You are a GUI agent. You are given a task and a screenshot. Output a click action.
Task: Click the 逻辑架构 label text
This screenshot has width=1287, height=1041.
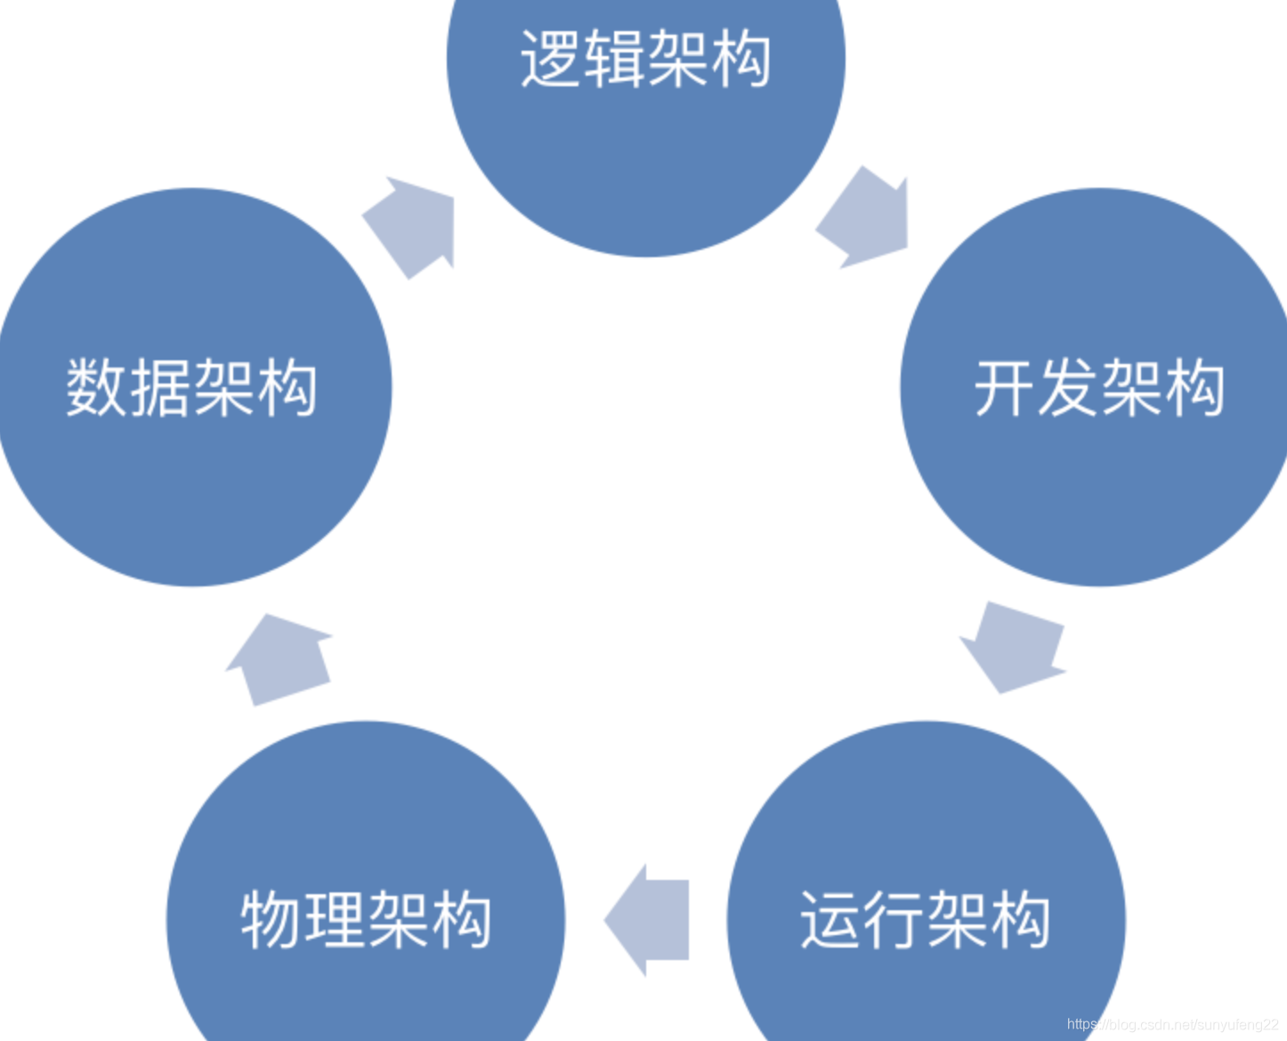point(645,59)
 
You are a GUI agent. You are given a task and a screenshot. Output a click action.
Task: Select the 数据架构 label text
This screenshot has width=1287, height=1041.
point(191,388)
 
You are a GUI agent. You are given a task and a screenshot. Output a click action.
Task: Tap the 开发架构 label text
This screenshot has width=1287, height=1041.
point(1099,388)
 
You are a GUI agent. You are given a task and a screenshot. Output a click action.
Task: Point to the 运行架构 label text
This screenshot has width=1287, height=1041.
point(926,919)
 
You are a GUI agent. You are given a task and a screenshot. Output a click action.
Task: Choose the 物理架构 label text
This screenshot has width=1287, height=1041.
point(366,919)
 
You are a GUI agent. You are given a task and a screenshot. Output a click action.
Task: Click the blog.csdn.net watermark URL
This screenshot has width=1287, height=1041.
point(1171,1025)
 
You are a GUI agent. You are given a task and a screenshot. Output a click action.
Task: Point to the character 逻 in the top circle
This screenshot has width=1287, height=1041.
point(551,59)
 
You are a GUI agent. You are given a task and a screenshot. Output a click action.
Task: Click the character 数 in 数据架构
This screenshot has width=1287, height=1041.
point(97,388)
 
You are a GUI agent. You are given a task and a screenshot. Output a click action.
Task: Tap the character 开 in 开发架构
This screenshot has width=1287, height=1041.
point(1005,388)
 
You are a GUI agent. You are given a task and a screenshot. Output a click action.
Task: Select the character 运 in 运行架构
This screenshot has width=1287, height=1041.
point(831,919)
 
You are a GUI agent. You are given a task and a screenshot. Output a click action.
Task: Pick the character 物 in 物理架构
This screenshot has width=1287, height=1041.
point(271,919)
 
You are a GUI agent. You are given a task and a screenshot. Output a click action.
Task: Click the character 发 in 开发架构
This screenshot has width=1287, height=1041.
point(1068,388)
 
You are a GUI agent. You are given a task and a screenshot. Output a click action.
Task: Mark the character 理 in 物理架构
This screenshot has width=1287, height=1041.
point(335,919)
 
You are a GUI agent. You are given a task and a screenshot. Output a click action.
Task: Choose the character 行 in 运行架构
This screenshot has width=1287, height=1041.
point(894,919)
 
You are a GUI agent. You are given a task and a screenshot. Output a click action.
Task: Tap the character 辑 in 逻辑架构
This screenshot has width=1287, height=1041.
point(614,59)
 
